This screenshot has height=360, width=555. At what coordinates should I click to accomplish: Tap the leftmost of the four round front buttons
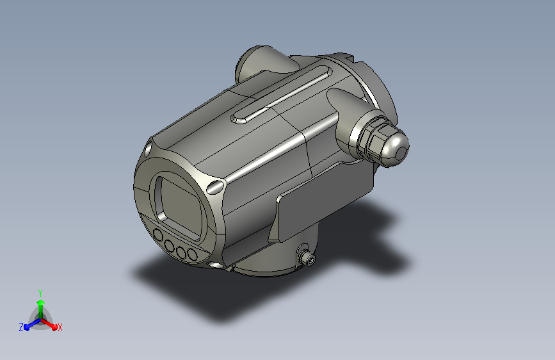tap(158, 235)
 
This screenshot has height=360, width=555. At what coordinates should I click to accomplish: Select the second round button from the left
tap(170, 245)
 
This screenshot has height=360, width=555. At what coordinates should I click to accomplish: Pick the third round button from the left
tap(181, 252)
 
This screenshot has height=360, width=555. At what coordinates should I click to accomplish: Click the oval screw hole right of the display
tap(216, 186)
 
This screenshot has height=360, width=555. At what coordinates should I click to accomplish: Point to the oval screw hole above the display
tap(149, 148)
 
